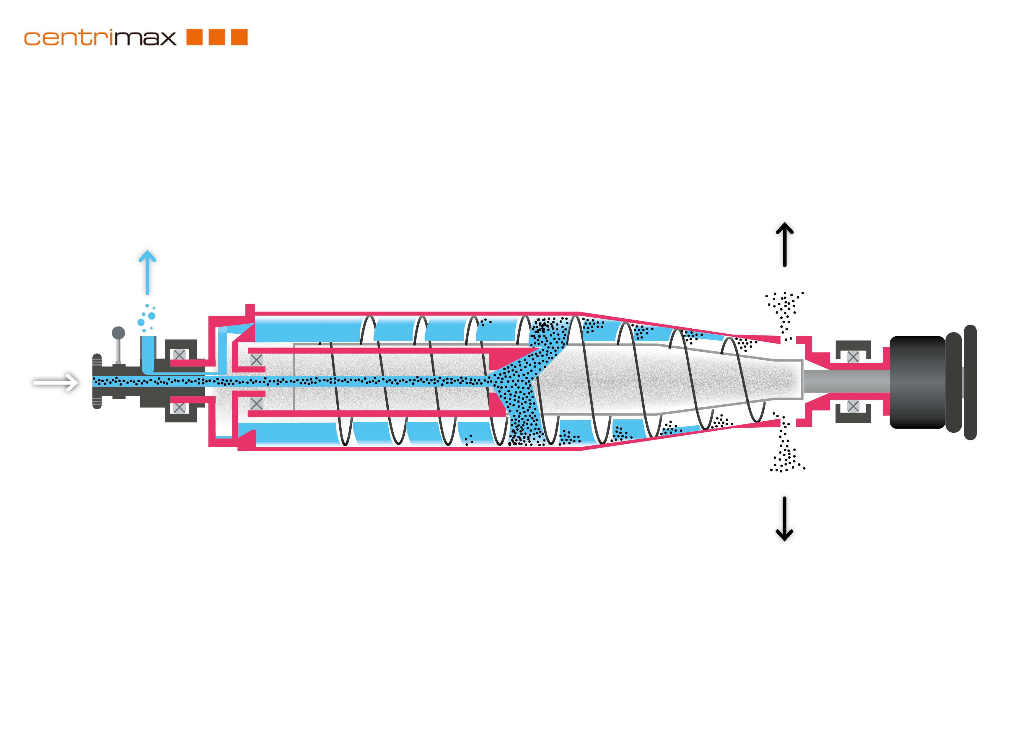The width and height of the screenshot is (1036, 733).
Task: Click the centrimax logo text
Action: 100,38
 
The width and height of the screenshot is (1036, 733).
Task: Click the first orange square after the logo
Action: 195,37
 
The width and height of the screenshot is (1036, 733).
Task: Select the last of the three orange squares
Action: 240,37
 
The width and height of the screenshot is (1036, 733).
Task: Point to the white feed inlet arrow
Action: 56,383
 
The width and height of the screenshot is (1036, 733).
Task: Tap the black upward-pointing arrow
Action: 785,244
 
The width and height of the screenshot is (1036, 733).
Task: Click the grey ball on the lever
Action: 118,333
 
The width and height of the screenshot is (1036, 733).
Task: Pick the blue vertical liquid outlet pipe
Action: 148,355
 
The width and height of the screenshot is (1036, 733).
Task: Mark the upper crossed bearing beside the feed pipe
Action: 179,355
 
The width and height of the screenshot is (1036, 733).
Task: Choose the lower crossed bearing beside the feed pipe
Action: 179,407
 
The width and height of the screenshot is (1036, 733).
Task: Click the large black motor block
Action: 917,382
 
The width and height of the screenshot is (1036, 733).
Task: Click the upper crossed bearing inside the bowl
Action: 256,360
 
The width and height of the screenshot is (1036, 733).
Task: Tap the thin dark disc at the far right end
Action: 970,382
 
